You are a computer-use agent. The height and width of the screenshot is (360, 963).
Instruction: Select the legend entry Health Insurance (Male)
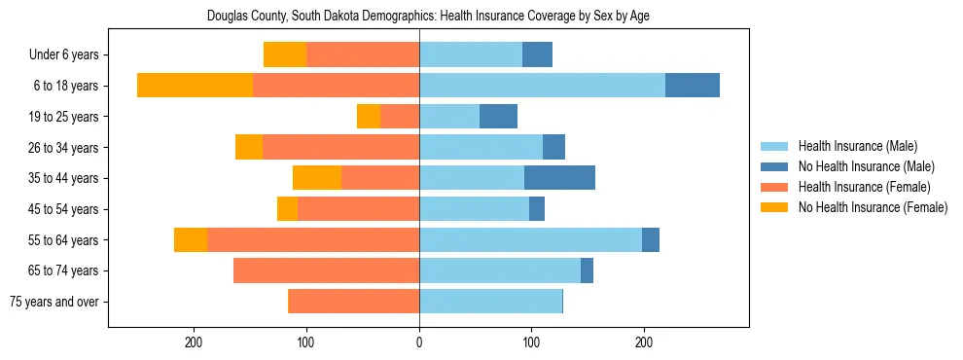pos(857,146)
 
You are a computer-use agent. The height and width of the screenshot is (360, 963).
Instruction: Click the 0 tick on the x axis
pos(419,342)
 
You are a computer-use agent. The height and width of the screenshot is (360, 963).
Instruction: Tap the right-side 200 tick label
pos(644,342)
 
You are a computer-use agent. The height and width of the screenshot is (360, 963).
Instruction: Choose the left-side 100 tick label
pos(306,342)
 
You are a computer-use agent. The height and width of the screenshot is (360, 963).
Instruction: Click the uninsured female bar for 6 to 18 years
pos(195,86)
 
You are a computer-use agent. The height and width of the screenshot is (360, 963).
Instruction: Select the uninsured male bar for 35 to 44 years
pos(559,178)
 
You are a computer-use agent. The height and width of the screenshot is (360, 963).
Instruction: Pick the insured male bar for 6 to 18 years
pos(542,86)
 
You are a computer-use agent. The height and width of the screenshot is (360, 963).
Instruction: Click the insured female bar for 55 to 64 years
pos(313,239)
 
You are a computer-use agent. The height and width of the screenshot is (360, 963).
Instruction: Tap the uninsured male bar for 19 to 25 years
pos(498,117)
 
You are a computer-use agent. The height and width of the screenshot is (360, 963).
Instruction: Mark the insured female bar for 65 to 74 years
pos(326,270)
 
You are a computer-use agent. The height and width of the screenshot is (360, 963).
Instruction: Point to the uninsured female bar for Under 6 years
pos(285,55)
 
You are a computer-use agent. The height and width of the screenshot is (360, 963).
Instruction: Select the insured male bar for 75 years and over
pos(490,302)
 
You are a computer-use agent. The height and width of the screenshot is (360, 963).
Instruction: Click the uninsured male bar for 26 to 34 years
pos(553,147)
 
